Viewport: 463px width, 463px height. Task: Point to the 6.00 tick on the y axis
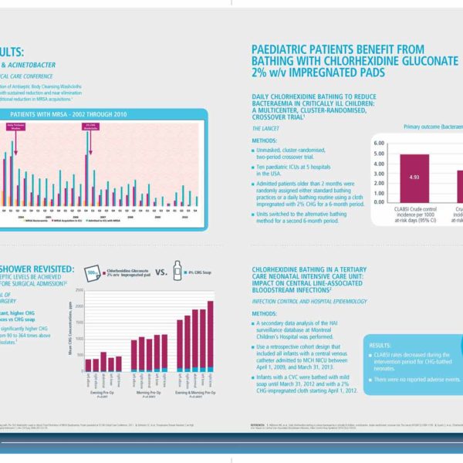tap(378, 144)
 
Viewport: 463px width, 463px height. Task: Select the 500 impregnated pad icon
tap(92, 272)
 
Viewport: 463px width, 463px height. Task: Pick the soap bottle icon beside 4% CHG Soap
tap(179, 272)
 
